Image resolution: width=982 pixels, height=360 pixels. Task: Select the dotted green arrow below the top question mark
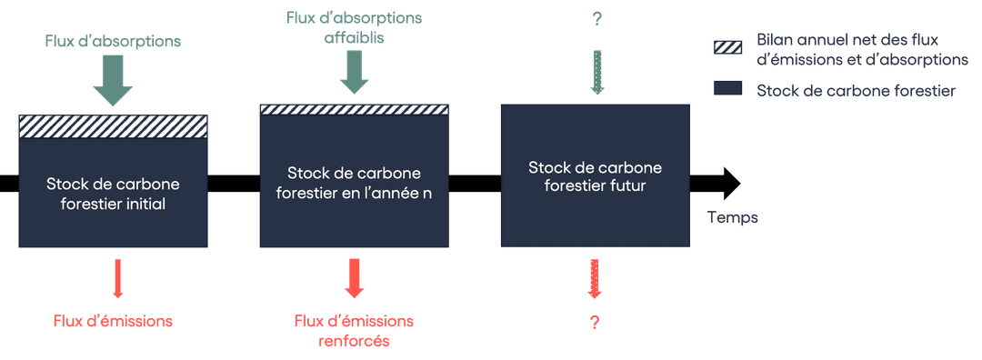pyautogui.click(x=596, y=71)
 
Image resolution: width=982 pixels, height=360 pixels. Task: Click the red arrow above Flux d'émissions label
pyautogui.click(x=117, y=278)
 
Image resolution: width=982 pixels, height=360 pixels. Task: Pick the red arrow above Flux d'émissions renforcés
pyautogui.click(x=355, y=278)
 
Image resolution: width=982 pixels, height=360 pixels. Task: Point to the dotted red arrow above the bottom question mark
pyautogui.click(x=596, y=279)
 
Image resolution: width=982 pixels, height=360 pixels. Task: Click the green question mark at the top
pyautogui.click(x=596, y=18)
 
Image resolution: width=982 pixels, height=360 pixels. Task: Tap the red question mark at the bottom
pyautogui.click(x=596, y=322)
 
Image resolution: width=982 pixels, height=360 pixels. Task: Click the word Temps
pyautogui.click(x=732, y=217)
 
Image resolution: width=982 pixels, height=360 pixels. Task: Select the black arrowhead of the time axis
pyautogui.click(x=729, y=182)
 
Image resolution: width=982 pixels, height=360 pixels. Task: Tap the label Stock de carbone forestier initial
pyautogui.click(x=114, y=194)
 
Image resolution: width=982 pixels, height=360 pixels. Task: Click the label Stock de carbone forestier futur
pyautogui.click(x=596, y=176)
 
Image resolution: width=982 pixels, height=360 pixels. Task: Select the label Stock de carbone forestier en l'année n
pyautogui.click(x=355, y=184)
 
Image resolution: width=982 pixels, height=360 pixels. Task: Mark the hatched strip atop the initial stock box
pyautogui.click(x=114, y=126)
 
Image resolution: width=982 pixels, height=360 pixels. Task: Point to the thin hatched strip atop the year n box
pyautogui.click(x=355, y=110)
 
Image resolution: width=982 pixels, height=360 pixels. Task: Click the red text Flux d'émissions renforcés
pyautogui.click(x=355, y=331)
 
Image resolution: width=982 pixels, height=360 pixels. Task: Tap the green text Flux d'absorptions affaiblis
pyautogui.click(x=354, y=28)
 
